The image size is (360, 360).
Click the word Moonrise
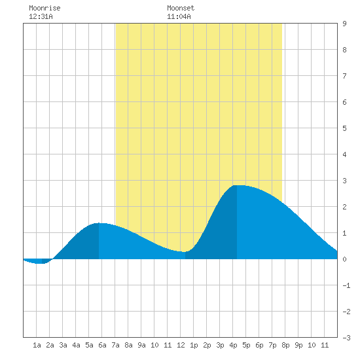click(45, 8)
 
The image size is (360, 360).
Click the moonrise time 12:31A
click(41, 16)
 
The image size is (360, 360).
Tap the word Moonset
click(181, 8)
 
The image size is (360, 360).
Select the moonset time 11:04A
click(179, 16)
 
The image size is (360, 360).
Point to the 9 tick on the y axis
click(344, 24)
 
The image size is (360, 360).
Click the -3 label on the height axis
click(346, 338)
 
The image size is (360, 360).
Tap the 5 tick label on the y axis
click(344, 128)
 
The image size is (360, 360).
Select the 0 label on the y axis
click(344, 259)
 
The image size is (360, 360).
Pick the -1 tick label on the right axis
click(346, 285)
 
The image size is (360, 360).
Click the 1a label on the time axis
click(37, 345)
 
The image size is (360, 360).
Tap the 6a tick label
click(102, 345)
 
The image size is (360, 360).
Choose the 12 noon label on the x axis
click(181, 345)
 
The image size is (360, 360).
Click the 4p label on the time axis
click(233, 345)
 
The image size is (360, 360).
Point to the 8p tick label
click(285, 345)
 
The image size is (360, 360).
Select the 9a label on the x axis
click(141, 345)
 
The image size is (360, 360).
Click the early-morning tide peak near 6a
click(99, 223)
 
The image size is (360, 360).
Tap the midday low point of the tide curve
click(185, 252)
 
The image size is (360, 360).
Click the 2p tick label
click(207, 345)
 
